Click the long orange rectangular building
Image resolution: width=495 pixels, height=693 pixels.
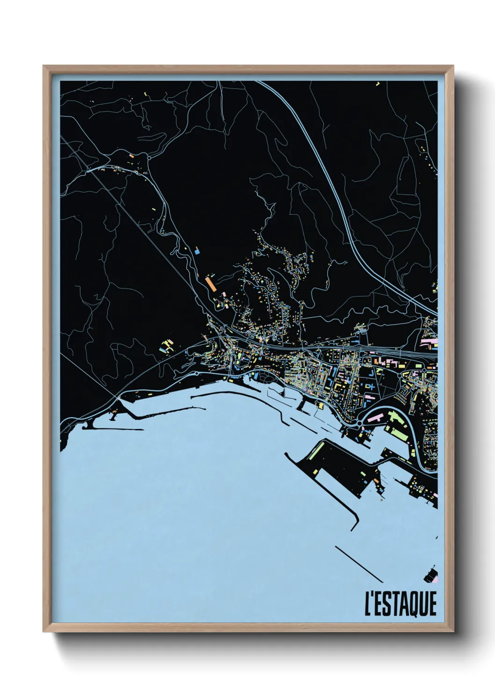[x=210, y=284]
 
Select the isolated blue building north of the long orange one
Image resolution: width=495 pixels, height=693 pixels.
[x=197, y=251]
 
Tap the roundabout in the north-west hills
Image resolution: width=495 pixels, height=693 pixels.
[x=149, y=158]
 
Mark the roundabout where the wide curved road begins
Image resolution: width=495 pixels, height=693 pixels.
[x=359, y=423]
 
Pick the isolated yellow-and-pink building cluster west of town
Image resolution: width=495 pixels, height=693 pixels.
[x=166, y=347]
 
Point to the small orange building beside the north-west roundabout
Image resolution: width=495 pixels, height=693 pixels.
[x=132, y=155]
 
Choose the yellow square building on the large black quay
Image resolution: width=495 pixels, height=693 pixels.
[x=316, y=471]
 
